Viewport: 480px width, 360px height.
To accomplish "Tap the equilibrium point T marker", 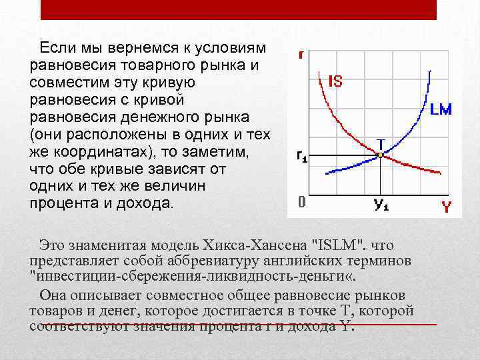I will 380,155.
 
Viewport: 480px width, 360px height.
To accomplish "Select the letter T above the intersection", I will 381,143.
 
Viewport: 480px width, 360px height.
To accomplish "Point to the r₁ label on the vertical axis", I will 302,157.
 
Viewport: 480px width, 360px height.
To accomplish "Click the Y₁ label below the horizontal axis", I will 381,205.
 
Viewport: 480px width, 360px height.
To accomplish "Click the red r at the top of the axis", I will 301,55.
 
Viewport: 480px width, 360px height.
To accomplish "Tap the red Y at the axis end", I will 447,207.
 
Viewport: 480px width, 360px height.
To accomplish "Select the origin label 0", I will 301,202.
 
